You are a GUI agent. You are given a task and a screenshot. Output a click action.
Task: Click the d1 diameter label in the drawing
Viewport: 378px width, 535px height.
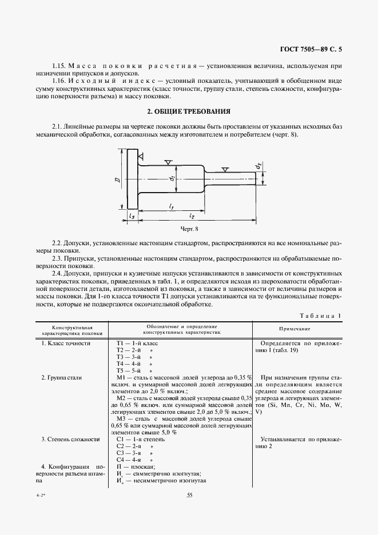[172, 179]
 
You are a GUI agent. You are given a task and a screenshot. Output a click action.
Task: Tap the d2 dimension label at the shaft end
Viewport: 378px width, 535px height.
[258, 166]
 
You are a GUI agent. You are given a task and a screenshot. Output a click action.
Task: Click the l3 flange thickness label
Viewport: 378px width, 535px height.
[132, 216]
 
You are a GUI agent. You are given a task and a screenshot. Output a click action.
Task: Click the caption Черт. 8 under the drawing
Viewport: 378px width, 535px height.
[188, 229]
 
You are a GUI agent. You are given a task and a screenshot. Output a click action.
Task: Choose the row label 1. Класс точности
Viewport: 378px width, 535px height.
[66, 343]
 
